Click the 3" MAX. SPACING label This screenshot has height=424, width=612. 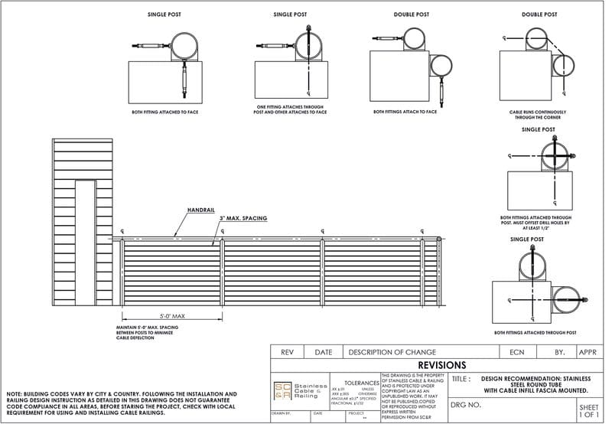pos(244,219)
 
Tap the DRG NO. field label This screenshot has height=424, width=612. pos(466,404)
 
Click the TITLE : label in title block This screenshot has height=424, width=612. pos(461,379)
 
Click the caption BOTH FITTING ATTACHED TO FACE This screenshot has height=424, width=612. pos(164,112)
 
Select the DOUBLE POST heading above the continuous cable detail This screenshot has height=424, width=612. pos(539,15)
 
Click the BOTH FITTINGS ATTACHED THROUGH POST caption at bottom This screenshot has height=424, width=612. pos(535,333)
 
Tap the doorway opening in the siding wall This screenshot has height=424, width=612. pos(86,241)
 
